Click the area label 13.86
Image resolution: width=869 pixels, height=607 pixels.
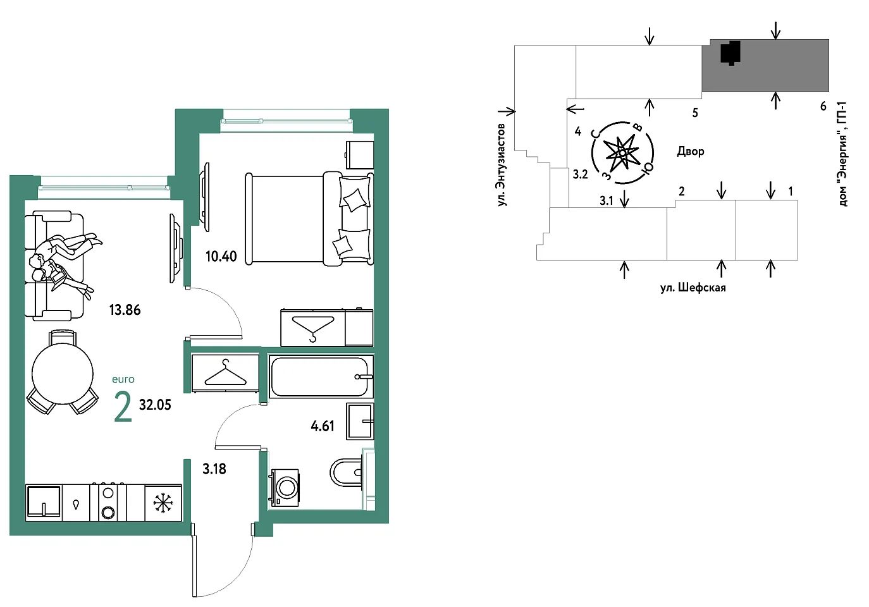tap(125, 310)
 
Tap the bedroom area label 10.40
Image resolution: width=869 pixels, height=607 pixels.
tap(221, 256)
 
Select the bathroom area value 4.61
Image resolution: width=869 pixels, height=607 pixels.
tap(323, 426)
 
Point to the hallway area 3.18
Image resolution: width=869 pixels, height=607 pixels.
tap(214, 469)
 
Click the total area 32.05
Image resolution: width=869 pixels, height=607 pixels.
tap(155, 405)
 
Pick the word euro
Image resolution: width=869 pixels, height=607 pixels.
tap(123, 379)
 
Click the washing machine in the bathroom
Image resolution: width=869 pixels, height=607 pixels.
tap(285, 487)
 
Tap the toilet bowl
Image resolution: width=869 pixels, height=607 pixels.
tap(347, 472)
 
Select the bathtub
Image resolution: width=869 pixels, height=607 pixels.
tap(321, 377)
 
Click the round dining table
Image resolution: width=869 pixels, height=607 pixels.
tap(63, 374)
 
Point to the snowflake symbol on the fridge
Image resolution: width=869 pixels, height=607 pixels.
tap(163, 503)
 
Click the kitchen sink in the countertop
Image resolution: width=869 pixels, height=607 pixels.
tap(44, 502)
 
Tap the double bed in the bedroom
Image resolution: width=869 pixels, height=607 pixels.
tap(309, 219)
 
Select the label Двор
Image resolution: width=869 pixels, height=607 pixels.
tap(691, 151)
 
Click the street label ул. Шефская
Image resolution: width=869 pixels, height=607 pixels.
tap(693, 288)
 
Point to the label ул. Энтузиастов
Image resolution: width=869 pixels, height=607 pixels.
tap(502, 165)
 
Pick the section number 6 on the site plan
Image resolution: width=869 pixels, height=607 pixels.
tap(823, 106)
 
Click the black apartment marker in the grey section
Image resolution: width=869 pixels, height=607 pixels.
tap(730, 52)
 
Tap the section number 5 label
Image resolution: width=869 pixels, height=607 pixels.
tap(695, 113)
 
